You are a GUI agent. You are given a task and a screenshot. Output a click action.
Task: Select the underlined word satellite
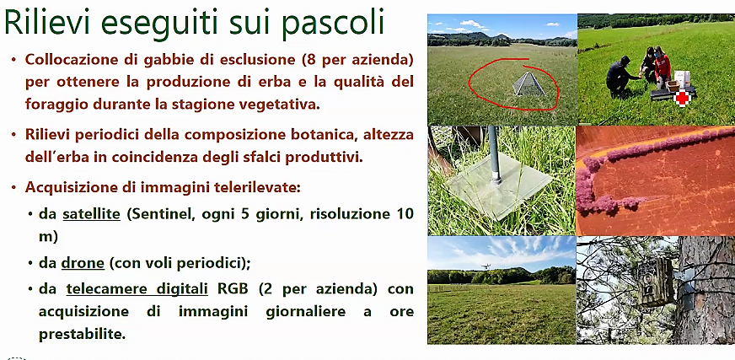coord(91,214)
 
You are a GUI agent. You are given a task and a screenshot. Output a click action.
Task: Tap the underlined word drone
coord(83,263)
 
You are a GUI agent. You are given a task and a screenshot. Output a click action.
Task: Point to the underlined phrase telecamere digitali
coord(137,288)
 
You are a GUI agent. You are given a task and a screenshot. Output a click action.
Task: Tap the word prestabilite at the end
coord(82,334)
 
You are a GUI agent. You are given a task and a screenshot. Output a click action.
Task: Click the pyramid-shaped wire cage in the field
coord(529,84)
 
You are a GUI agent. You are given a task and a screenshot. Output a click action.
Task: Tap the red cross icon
coord(682,99)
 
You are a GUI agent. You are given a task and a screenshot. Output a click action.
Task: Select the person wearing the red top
coord(662,67)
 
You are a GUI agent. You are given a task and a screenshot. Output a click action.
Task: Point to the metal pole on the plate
coord(494,154)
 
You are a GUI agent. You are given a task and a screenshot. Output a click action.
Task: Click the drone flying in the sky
coord(486,266)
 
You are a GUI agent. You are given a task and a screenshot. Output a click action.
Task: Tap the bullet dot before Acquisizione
coord(14,188)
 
